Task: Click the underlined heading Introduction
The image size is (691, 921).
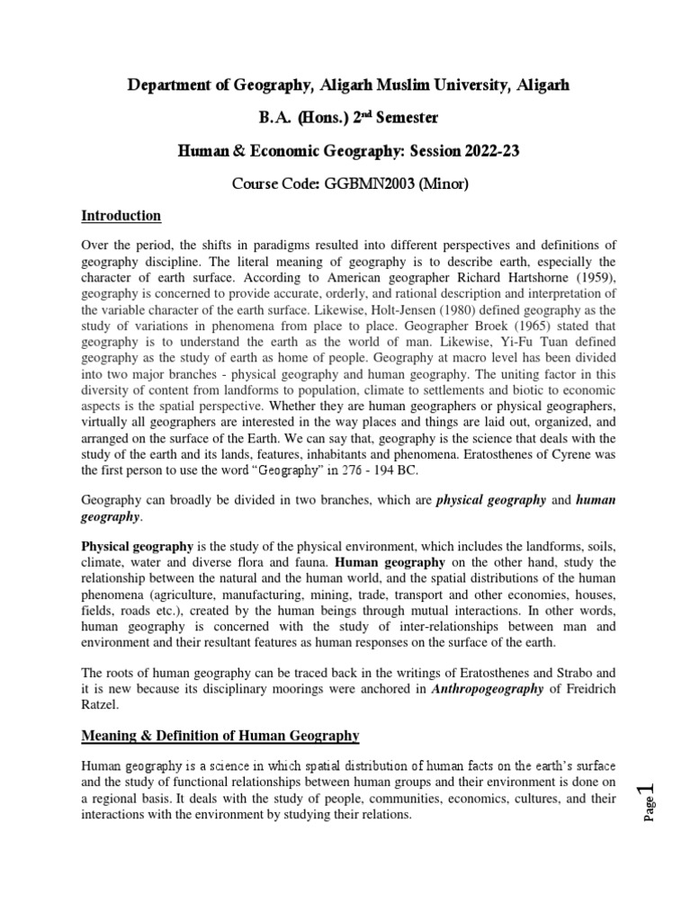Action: click(x=121, y=216)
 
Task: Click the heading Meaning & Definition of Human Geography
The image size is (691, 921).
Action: click(x=220, y=737)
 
